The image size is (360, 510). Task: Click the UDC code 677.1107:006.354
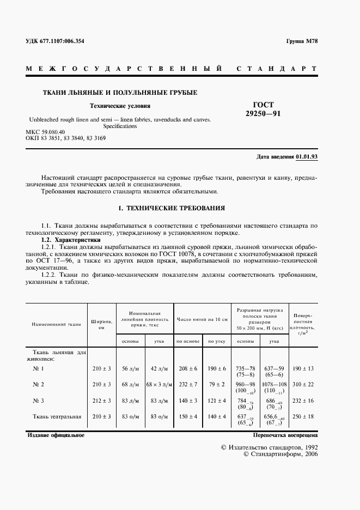coord(55,41)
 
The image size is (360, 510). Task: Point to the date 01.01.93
coord(307,156)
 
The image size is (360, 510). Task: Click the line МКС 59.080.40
coord(45,132)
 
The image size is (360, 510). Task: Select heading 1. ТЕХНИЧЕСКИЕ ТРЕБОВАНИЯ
coord(172,208)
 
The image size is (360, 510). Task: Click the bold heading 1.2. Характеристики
coord(71,240)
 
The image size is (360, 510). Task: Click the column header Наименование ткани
coord(56,324)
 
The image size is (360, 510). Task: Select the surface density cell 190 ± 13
coord(303,369)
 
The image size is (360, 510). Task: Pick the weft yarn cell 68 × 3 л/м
coord(159,385)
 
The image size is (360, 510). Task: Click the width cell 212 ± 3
coord(101,400)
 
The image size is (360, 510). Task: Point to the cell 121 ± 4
coord(216,400)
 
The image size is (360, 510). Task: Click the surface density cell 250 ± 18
coord(303,416)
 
